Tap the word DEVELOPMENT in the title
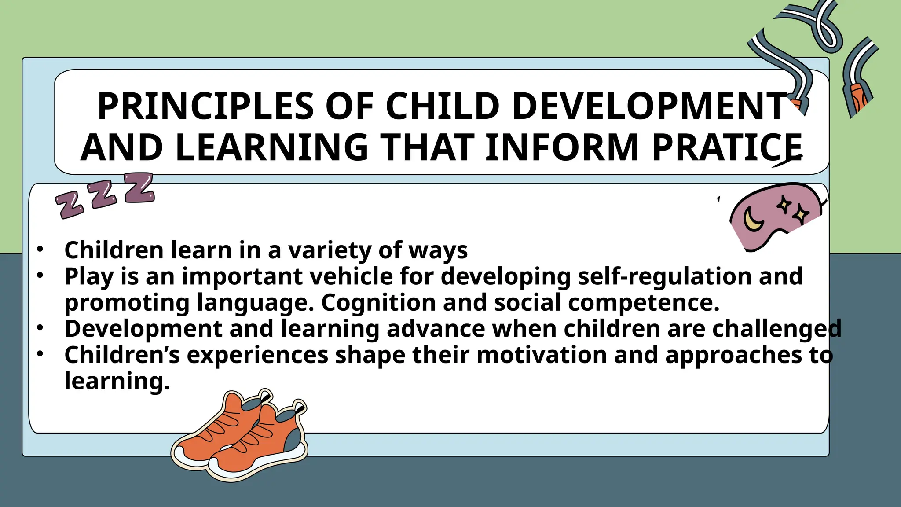tap(649, 107)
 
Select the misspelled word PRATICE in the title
tap(727, 147)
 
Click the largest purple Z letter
tap(139, 187)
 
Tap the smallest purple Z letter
tap(69, 205)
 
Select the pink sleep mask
tap(774, 218)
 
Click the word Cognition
tap(378, 303)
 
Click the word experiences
tap(257, 355)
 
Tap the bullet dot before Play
tap(40, 276)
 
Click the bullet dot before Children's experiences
tap(40, 354)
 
